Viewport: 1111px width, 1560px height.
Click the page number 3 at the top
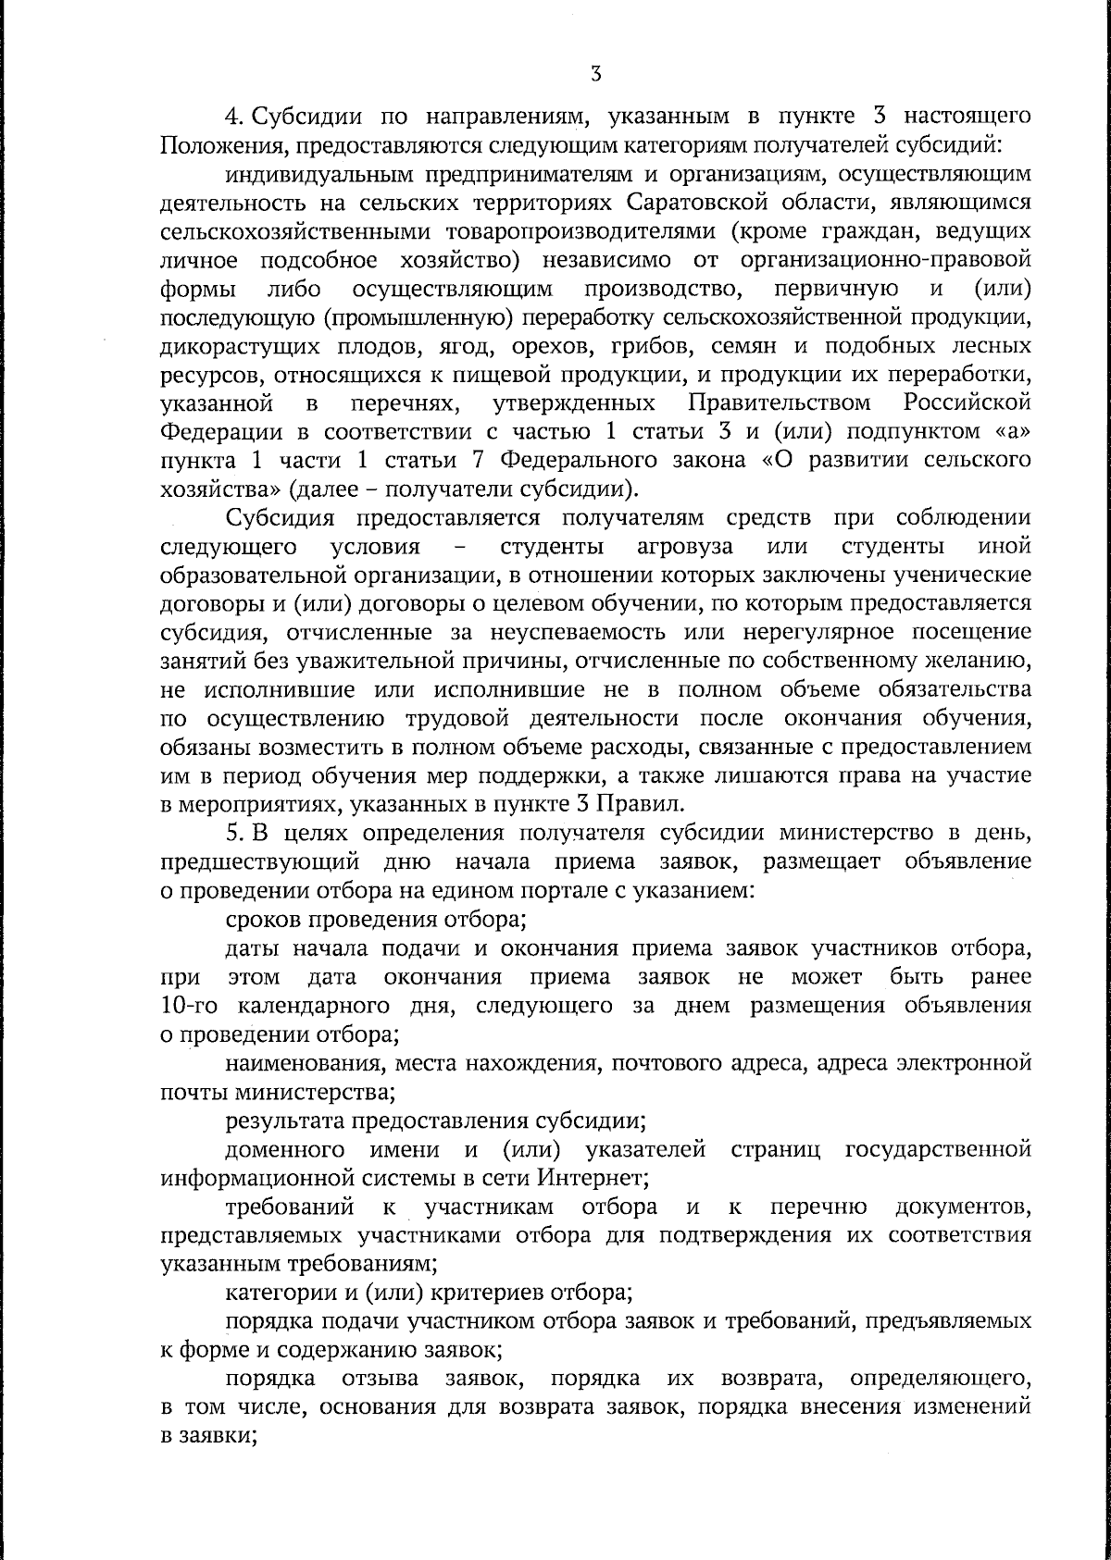(x=595, y=73)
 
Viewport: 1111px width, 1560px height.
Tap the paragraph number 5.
(x=232, y=833)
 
